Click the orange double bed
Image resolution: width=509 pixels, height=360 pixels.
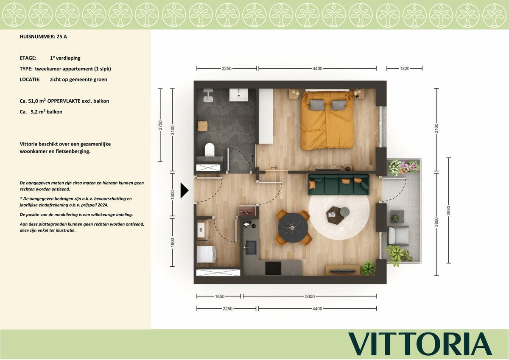pos(327,120)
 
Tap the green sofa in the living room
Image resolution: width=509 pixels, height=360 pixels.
pos(338,184)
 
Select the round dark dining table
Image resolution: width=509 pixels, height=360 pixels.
pos(293,228)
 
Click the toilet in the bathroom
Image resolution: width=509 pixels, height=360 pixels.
pos(209,149)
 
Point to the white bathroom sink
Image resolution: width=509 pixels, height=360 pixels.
pos(238,95)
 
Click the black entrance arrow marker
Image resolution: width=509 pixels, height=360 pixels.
pos(184,190)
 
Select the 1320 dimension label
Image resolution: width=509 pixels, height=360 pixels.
pos(405,68)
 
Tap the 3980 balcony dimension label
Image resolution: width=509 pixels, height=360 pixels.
pos(448,211)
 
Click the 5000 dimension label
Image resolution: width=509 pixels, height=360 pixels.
pos(310,296)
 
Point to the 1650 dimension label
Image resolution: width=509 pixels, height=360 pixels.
pos(220,296)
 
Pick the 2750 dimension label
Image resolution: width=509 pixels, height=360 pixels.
pos(160,125)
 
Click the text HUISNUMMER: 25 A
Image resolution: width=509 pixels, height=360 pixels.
pos(43,36)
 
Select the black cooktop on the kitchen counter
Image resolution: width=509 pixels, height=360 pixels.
pos(273,268)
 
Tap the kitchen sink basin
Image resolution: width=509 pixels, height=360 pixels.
pos(250,248)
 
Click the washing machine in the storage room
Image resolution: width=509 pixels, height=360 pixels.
pos(206,254)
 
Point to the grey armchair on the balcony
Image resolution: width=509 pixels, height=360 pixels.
pos(398,235)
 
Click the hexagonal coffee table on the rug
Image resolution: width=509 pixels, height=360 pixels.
pos(335,215)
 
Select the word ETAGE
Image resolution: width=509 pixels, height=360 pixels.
pos(28,58)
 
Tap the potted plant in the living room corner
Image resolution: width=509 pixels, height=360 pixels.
pos(368,268)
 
